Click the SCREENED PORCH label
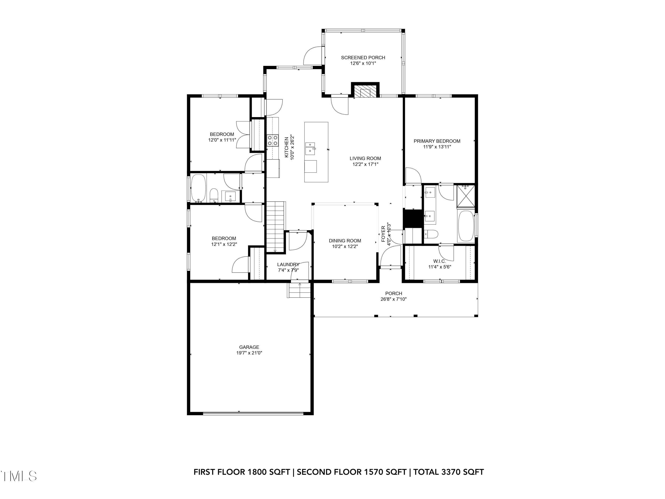coord(363,57)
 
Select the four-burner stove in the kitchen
coord(272,140)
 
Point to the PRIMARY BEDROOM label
coord(437,141)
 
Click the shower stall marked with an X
coord(466,196)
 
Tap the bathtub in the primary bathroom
coord(466,226)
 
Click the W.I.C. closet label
coord(440,261)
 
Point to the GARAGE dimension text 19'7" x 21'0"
coord(249,353)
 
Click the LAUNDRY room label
coord(288,265)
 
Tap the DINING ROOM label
coord(345,241)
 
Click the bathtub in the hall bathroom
coord(198,188)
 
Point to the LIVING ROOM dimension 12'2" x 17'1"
coord(365,164)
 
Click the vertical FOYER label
coord(383,234)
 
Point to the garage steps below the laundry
coord(299,290)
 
